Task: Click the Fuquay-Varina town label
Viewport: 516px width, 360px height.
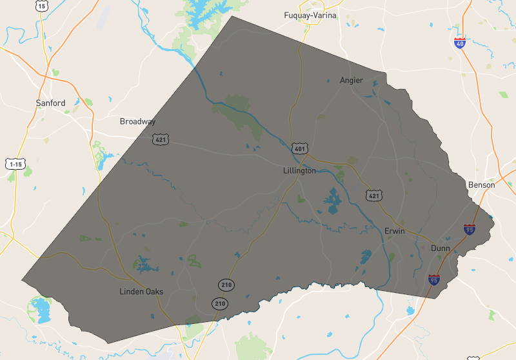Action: (310, 15)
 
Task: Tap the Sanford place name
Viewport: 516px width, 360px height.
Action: (50, 103)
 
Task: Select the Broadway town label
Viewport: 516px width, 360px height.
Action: (137, 121)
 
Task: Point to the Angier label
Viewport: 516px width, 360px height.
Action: (352, 81)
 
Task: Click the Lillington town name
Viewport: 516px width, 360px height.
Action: (299, 171)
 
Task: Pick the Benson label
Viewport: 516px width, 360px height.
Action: (481, 185)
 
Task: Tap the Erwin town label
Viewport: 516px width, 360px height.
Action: (394, 231)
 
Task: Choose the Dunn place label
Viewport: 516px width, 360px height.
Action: (441, 248)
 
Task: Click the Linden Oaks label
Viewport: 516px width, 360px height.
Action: (141, 292)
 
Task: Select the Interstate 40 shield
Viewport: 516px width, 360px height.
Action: (459, 43)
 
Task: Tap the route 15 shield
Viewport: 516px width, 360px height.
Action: (41, 6)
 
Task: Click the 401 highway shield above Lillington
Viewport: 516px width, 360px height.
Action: (299, 149)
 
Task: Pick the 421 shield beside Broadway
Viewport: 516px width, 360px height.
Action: (161, 139)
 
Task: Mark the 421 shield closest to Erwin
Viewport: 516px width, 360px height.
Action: (373, 195)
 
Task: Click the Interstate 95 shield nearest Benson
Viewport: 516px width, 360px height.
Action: (470, 229)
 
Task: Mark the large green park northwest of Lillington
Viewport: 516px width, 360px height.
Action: (237, 110)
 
